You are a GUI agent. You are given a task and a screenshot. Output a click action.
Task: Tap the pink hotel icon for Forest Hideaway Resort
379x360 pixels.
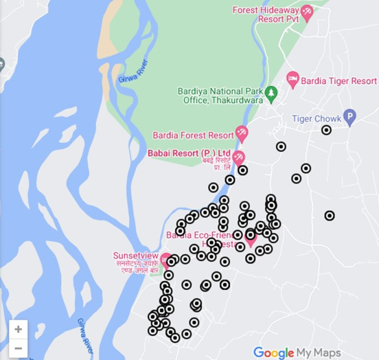308,12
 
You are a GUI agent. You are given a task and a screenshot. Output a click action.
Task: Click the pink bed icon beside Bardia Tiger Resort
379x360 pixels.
293,80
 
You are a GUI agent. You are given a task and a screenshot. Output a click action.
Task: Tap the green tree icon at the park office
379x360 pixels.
271,92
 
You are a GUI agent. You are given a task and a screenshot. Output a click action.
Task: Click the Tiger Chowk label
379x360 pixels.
317,119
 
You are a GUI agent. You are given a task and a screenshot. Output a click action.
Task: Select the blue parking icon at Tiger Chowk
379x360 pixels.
349,117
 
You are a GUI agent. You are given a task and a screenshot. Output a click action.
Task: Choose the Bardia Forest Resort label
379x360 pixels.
193,135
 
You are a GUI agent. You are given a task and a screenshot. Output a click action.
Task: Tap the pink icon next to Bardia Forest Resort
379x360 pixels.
242,133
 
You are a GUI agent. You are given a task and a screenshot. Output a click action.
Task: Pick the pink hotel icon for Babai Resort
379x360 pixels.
238,158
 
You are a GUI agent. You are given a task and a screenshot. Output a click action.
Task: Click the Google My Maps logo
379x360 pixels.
297,352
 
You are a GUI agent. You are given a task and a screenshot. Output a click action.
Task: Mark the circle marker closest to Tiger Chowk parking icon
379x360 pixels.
327,130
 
